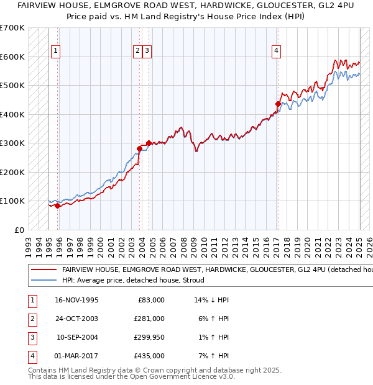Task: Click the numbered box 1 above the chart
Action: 56,52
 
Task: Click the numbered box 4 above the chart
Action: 275,52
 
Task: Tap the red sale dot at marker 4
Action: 278,104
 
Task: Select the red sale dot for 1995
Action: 57,206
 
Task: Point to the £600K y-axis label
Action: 12,57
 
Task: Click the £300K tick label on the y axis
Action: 12,143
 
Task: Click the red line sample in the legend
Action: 44,270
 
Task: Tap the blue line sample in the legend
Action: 44,280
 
